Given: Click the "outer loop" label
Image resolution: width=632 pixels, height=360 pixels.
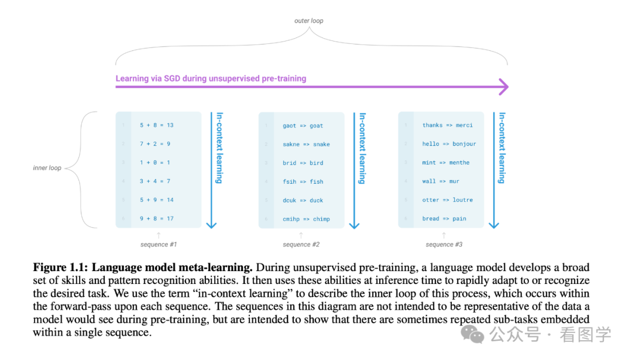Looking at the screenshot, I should click(x=308, y=21).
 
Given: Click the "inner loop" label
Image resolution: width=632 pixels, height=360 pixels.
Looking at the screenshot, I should click(x=47, y=168).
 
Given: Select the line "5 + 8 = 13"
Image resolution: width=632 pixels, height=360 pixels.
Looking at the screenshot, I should click(x=156, y=125).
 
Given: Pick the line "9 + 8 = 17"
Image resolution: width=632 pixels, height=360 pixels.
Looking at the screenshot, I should click(x=156, y=219).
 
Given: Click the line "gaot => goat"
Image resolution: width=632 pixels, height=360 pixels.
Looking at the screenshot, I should click(x=303, y=126).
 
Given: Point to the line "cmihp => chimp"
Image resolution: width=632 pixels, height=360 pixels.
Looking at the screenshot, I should click(x=306, y=220).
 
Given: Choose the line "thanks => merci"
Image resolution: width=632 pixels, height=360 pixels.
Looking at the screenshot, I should click(x=447, y=125).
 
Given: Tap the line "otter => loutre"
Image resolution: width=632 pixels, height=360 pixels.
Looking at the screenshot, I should click(x=447, y=200).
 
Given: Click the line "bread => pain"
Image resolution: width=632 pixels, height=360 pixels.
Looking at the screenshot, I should click(x=444, y=219).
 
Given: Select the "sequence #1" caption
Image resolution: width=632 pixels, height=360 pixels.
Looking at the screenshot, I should click(x=159, y=244).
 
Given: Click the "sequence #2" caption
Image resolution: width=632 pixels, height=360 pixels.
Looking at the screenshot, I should click(x=301, y=245).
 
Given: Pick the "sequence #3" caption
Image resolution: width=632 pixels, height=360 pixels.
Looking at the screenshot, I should click(x=444, y=245).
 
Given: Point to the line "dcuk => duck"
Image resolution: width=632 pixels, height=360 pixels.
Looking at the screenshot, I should click(x=303, y=200).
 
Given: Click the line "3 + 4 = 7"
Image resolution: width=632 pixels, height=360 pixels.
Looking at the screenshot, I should click(x=154, y=181).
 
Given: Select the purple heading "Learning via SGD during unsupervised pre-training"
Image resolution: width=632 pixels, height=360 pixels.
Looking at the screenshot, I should click(x=211, y=78).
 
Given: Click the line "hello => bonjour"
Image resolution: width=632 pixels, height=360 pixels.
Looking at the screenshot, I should click(x=449, y=144).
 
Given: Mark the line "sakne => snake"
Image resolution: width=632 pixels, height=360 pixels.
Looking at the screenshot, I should click(x=306, y=145).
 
